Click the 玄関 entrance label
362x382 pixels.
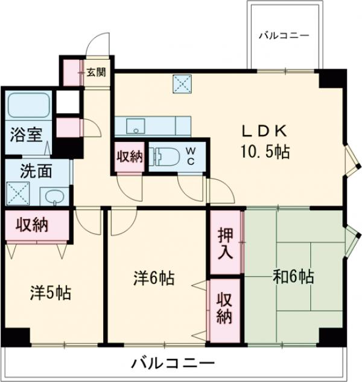95,73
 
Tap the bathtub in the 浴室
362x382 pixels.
28,107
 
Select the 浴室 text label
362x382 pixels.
25,135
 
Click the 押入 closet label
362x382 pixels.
226,243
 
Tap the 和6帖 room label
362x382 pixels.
294,277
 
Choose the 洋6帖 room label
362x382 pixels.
154,279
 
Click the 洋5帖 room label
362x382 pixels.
51,294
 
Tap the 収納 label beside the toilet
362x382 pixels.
129,156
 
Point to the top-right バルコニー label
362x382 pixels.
284,36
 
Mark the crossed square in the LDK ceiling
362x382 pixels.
182,83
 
